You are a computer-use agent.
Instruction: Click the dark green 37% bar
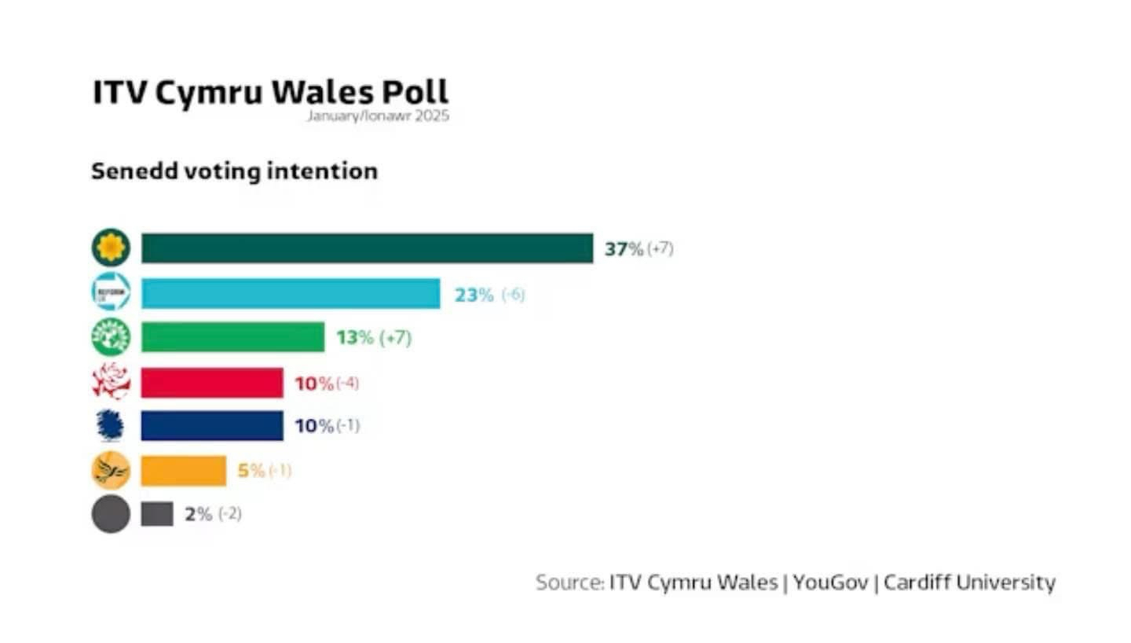coord(367,248)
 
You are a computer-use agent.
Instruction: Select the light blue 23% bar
coord(291,294)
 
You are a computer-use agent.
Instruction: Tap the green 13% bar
coord(232,337)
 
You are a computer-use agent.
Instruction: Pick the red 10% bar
coord(212,383)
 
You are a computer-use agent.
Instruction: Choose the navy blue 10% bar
coord(212,425)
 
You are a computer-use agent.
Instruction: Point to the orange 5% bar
coord(183,471)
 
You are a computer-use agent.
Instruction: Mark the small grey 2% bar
coord(157,514)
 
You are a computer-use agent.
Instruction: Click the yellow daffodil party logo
coord(111,248)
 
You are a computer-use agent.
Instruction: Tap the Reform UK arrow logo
coord(111,294)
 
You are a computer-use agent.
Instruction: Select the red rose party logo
coord(111,383)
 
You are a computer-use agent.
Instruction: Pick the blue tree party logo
coord(111,425)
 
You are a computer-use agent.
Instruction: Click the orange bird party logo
coord(111,471)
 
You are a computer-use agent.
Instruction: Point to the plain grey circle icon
coord(111,515)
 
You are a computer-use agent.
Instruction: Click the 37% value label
coord(624,249)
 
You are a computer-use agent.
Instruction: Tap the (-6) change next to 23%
coord(513,295)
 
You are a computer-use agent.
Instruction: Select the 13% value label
coord(355,338)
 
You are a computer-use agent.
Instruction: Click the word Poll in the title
coord(415,92)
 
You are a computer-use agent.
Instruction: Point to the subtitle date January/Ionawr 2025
coord(378,116)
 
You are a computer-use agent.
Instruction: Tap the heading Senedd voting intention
coord(234,171)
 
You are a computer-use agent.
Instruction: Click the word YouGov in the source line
coord(830,582)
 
